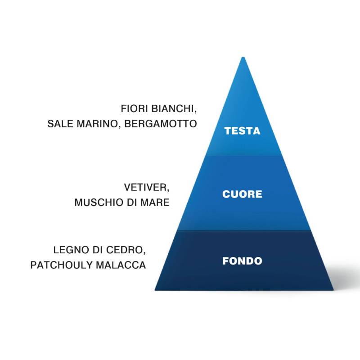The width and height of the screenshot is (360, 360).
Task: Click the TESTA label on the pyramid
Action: coord(242,131)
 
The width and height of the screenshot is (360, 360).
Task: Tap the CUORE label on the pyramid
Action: coord(242,194)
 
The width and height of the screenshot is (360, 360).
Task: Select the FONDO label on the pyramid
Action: coord(242,261)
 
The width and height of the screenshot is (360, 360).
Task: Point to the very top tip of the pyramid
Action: coord(243,58)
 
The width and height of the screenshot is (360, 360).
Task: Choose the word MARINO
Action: coord(98,124)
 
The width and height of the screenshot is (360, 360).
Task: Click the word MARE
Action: coord(155,202)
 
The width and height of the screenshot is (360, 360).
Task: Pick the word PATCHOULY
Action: coord(60,265)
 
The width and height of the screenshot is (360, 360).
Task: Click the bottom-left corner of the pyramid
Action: coord(155,289)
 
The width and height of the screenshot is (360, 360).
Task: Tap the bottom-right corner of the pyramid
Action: coord(333,289)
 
